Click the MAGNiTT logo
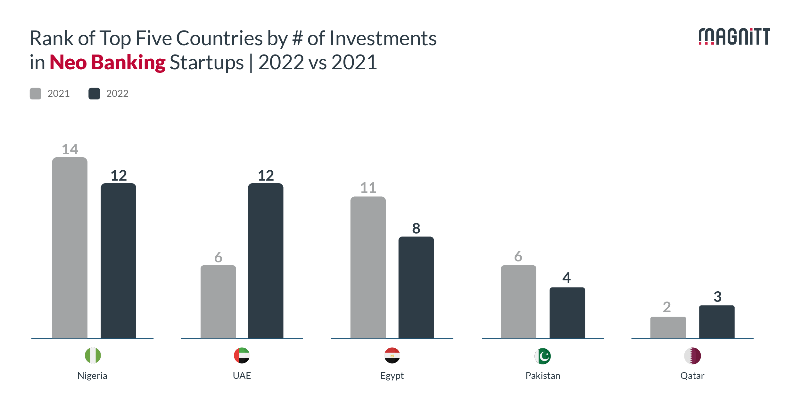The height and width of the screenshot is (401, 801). point(734,37)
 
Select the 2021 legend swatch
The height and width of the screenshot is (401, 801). point(36,94)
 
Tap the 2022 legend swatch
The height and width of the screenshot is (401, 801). point(94,94)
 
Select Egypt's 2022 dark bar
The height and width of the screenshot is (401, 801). point(416,287)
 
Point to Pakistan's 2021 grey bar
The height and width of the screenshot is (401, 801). point(518,302)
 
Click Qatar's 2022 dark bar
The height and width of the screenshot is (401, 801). point(717,322)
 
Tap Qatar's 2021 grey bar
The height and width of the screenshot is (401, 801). point(668,328)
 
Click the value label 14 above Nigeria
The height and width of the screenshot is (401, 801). point(70,149)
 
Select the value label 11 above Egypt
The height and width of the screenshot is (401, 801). point(368,188)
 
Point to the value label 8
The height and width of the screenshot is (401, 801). point(416,228)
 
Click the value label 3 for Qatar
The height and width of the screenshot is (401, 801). point(717,297)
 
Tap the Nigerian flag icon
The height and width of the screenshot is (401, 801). point(93,355)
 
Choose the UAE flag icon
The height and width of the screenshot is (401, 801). point(242,355)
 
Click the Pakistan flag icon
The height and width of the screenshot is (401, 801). point(543,356)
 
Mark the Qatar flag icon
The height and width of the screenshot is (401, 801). point(692,356)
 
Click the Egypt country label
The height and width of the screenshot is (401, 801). point(392,376)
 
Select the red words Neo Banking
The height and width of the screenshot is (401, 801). point(107,62)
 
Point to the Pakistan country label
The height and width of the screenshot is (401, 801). point(543,376)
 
